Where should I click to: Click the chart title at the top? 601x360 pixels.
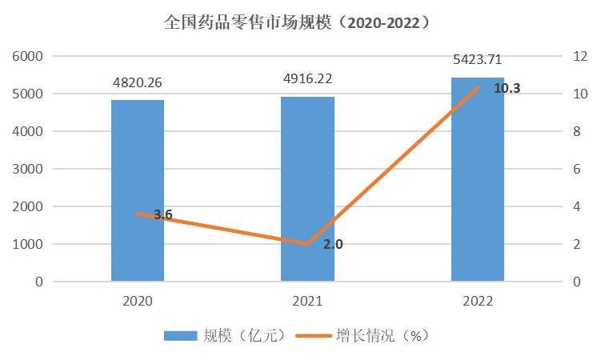point(300,22)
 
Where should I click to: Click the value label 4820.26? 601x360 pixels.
point(138,82)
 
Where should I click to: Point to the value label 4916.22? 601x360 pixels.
point(307,78)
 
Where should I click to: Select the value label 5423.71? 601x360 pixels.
point(478,59)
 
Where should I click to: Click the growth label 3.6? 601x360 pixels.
point(162,214)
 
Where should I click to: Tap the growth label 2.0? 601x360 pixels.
point(333,244)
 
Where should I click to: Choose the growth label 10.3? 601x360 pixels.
point(507,89)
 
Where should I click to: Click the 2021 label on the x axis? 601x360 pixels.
point(307,301)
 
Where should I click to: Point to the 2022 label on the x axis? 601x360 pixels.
point(478,301)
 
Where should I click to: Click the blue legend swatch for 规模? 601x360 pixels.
point(181,335)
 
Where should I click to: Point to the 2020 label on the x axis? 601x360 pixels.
point(138,301)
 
